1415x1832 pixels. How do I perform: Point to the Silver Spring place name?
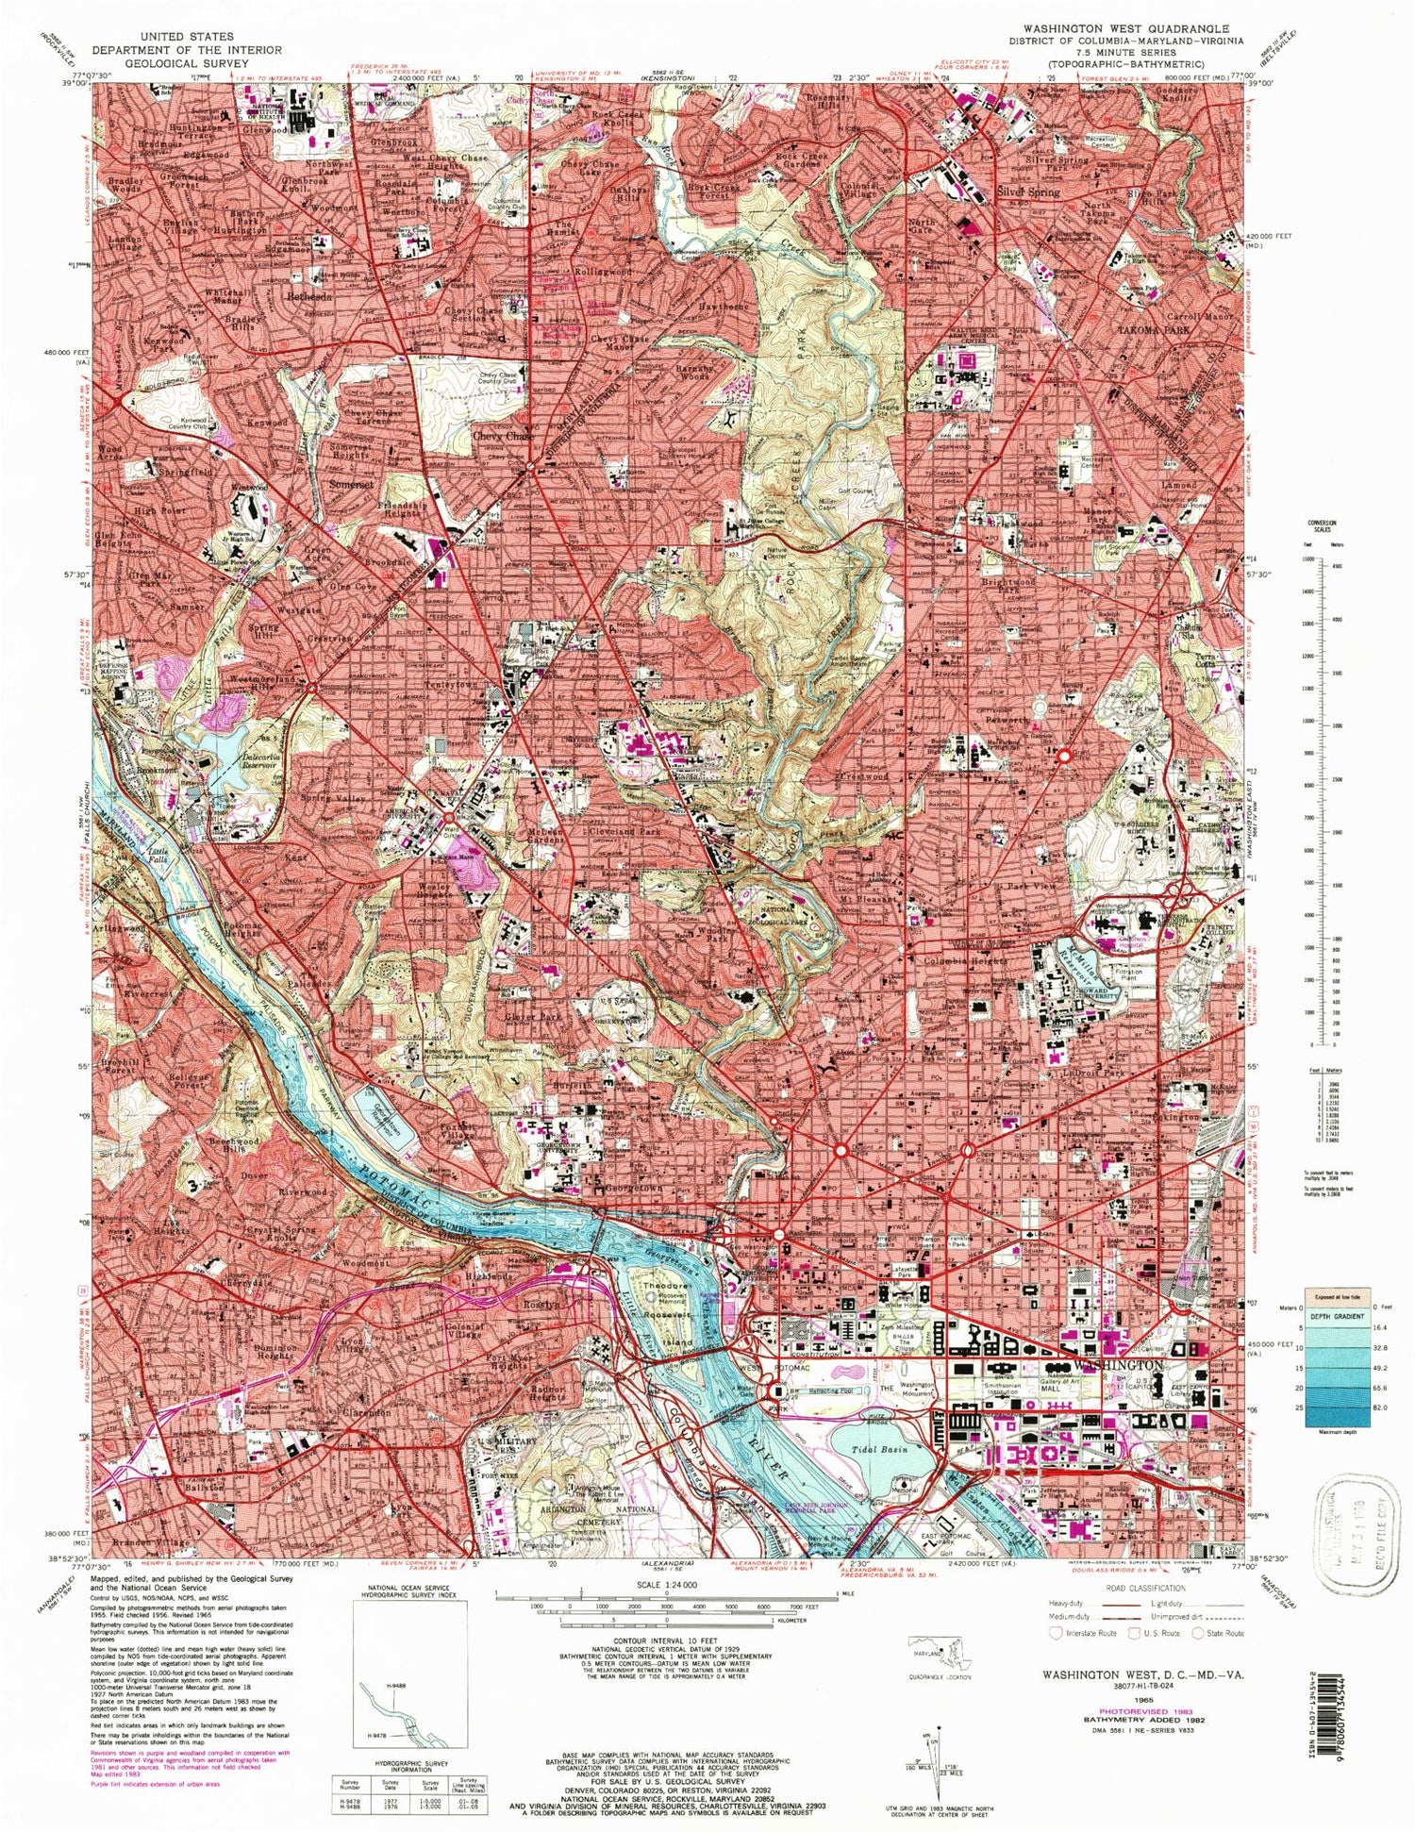point(1028,191)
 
